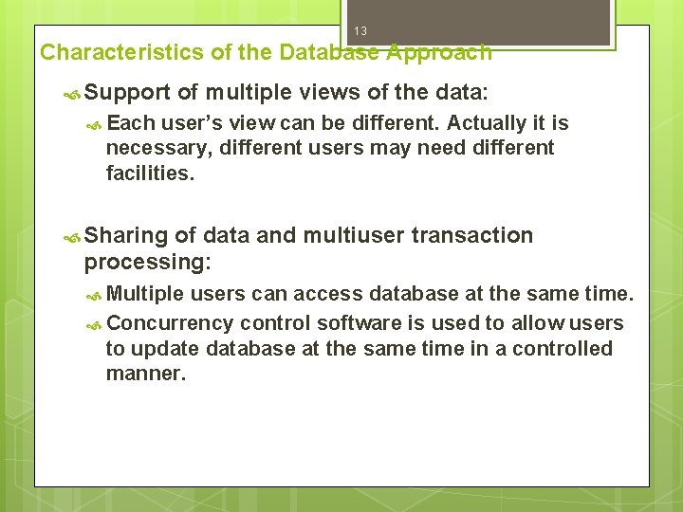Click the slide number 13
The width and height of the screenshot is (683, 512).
pos(360,31)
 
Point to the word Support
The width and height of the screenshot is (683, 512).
pos(127,93)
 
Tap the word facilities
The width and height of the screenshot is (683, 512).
pos(150,173)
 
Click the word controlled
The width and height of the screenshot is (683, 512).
pos(563,348)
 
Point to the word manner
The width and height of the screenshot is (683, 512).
pos(146,373)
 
